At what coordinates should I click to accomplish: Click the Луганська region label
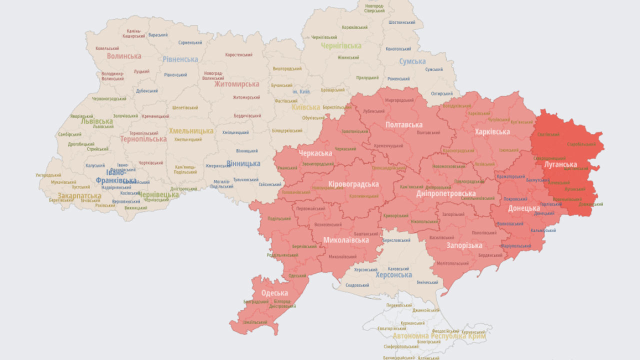click(x=560, y=164)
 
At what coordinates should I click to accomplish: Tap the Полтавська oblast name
click(x=403, y=124)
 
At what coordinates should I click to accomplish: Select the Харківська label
click(x=492, y=132)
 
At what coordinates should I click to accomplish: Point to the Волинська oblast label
click(x=124, y=56)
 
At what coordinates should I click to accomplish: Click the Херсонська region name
click(x=393, y=275)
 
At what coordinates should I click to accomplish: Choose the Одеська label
click(x=274, y=293)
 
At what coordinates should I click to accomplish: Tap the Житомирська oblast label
click(x=236, y=84)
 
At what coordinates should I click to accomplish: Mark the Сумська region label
click(x=412, y=61)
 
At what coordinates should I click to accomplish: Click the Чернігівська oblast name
click(x=341, y=46)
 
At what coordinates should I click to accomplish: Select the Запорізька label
click(x=464, y=245)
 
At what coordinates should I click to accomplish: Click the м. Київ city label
click(x=301, y=91)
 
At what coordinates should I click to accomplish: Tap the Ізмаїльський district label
click(x=255, y=322)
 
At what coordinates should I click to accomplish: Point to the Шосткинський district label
click(x=402, y=22)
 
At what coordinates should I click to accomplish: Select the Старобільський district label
click(x=581, y=144)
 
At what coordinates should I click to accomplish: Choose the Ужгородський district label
click(x=48, y=175)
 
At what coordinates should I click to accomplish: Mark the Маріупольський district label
click(x=515, y=246)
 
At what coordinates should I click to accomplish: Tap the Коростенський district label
click(x=238, y=55)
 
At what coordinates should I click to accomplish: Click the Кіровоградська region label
click(x=353, y=184)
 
